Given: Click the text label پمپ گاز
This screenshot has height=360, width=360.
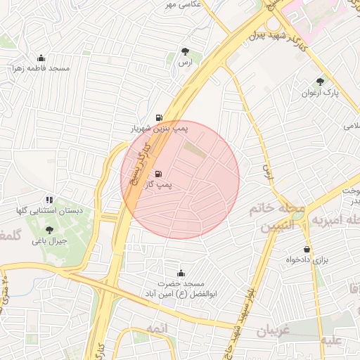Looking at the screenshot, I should point(159,185).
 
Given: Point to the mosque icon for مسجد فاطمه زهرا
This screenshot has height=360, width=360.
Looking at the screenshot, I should point(41,58).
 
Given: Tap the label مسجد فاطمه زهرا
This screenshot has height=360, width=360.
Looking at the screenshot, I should point(41,69).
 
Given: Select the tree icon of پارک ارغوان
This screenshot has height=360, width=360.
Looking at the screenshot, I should point(321,82).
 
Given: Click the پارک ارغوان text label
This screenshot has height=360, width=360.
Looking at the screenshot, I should point(321,93).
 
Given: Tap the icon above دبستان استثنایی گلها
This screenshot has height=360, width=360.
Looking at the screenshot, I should point(49,200).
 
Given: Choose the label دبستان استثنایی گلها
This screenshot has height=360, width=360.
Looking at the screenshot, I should point(50,211).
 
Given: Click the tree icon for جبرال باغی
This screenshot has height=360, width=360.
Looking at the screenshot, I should point(49,229).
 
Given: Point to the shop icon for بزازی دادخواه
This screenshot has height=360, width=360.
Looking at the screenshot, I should point(307,249).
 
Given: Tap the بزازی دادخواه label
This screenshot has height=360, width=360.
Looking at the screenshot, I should point(307,260).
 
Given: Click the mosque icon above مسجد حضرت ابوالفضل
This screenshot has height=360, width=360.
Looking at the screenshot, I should point(181,273).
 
